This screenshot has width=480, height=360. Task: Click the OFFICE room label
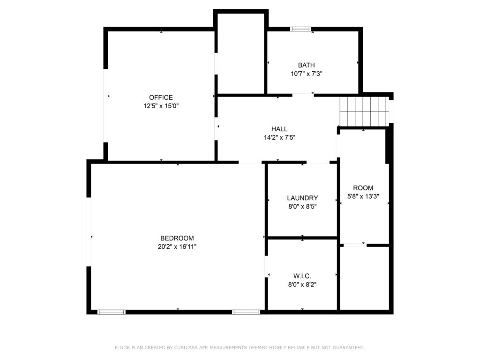pyautogui.click(x=161, y=97)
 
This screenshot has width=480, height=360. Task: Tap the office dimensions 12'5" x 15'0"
pyautogui.click(x=161, y=106)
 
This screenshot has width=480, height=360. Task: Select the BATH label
pyautogui.click(x=307, y=65)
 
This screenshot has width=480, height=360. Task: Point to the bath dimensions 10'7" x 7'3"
pyautogui.click(x=307, y=74)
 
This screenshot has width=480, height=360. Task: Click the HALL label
pyautogui.click(x=279, y=129)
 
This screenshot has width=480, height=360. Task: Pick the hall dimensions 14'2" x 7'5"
pyautogui.click(x=279, y=137)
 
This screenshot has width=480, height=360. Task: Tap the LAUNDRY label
pyautogui.click(x=302, y=198)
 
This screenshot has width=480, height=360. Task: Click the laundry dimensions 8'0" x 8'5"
pyautogui.click(x=302, y=206)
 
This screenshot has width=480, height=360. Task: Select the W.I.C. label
pyautogui.click(x=302, y=276)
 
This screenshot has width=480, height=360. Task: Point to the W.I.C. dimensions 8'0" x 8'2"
pyautogui.click(x=302, y=285)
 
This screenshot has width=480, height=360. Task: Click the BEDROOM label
pyautogui.click(x=177, y=238)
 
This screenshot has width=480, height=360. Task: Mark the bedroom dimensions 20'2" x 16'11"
pyautogui.click(x=177, y=247)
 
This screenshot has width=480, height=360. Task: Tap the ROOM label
pyautogui.click(x=363, y=187)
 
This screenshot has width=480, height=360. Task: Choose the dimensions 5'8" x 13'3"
pyautogui.click(x=363, y=196)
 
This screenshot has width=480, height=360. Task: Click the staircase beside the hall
pyautogui.click(x=364, y=111)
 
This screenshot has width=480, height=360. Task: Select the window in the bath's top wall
pyautogui.click(x=300, y=29)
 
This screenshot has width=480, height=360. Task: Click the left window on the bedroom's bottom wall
pyautogui.click(x=112, y=312)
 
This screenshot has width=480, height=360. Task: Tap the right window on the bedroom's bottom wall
pyautogui.click(x=246, y=312)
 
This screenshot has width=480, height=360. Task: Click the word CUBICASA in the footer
pyautogui.click(x=186, y=347)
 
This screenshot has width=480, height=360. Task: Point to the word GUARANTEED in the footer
pyautogui.click(x=349, y=347)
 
